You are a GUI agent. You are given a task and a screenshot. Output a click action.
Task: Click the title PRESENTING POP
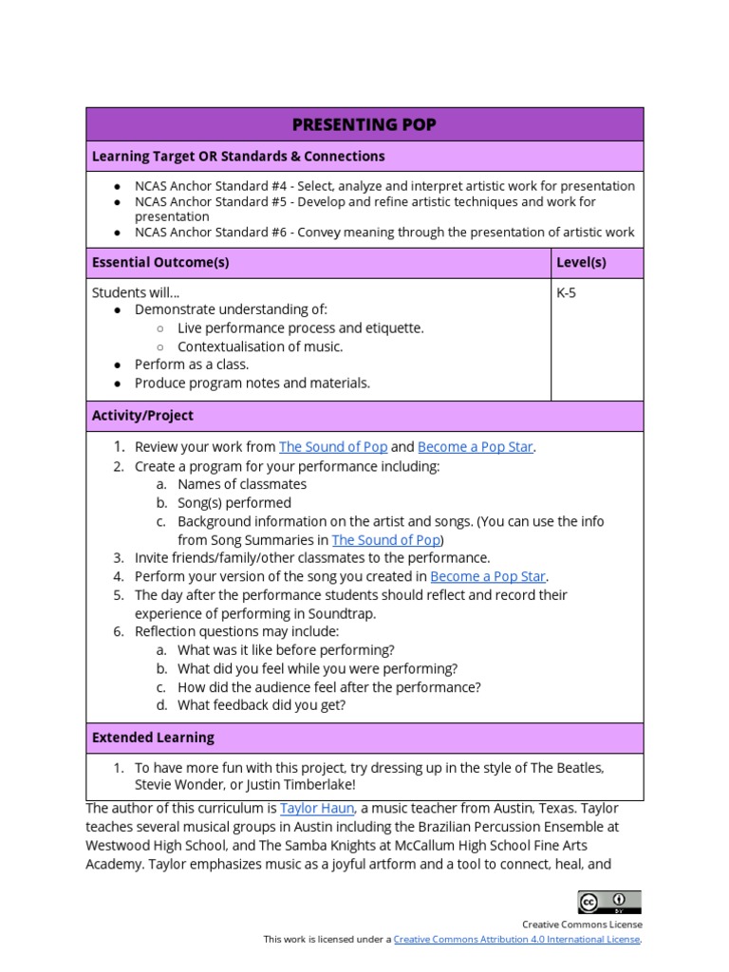pyautogui.click(x=364, y=124)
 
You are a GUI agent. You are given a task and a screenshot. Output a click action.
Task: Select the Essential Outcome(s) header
pyautogui.click(x=159, y=263)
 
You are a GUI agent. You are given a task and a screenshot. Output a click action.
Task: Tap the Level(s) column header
pyautogui.click(x=581, y=263)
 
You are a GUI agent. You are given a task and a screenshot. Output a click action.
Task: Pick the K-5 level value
pyautogui.click(x=567, y=292)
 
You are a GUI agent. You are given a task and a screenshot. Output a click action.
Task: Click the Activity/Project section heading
pyautogui.click(x=142, y=416)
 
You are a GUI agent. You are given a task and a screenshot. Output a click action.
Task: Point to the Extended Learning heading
pyautogui.click(x=153, y=738)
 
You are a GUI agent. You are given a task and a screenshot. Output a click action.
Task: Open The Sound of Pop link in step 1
pyautogui.click(x=332, y=447)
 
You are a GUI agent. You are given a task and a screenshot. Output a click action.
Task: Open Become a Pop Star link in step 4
pyautogui.click(x=488, y=576)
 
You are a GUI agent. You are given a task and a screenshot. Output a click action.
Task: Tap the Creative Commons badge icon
pyautogui.click(x=608, y=902)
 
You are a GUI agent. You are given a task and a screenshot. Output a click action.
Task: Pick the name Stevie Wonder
pyautogui.click(x=178, y=785)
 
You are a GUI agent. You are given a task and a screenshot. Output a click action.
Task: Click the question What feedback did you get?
pyautogui.click(x=262, y=705)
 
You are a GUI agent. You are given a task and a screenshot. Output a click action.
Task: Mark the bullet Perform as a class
pyautogui.click(x=192, y=364)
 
